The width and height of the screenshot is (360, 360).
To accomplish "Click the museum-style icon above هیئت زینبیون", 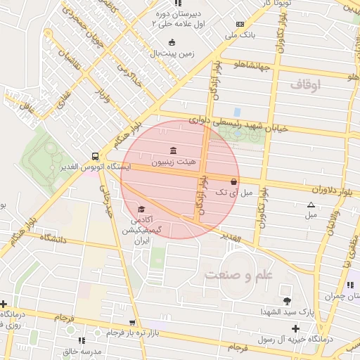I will tap(173, 150).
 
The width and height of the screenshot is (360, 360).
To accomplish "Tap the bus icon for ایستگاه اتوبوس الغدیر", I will tap(95, 156).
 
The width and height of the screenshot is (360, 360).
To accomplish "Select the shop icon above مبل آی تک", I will tap(233, 181).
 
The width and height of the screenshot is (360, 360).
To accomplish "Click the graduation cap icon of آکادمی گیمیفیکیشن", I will tap(141, 210).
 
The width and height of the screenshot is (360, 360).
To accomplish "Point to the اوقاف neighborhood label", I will tap(304, 85).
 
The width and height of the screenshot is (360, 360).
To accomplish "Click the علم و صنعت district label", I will tap(238, 275).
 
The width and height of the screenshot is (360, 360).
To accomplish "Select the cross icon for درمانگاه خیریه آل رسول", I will tap(295, 328).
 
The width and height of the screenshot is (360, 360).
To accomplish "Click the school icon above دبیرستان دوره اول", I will tap(177, 4).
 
